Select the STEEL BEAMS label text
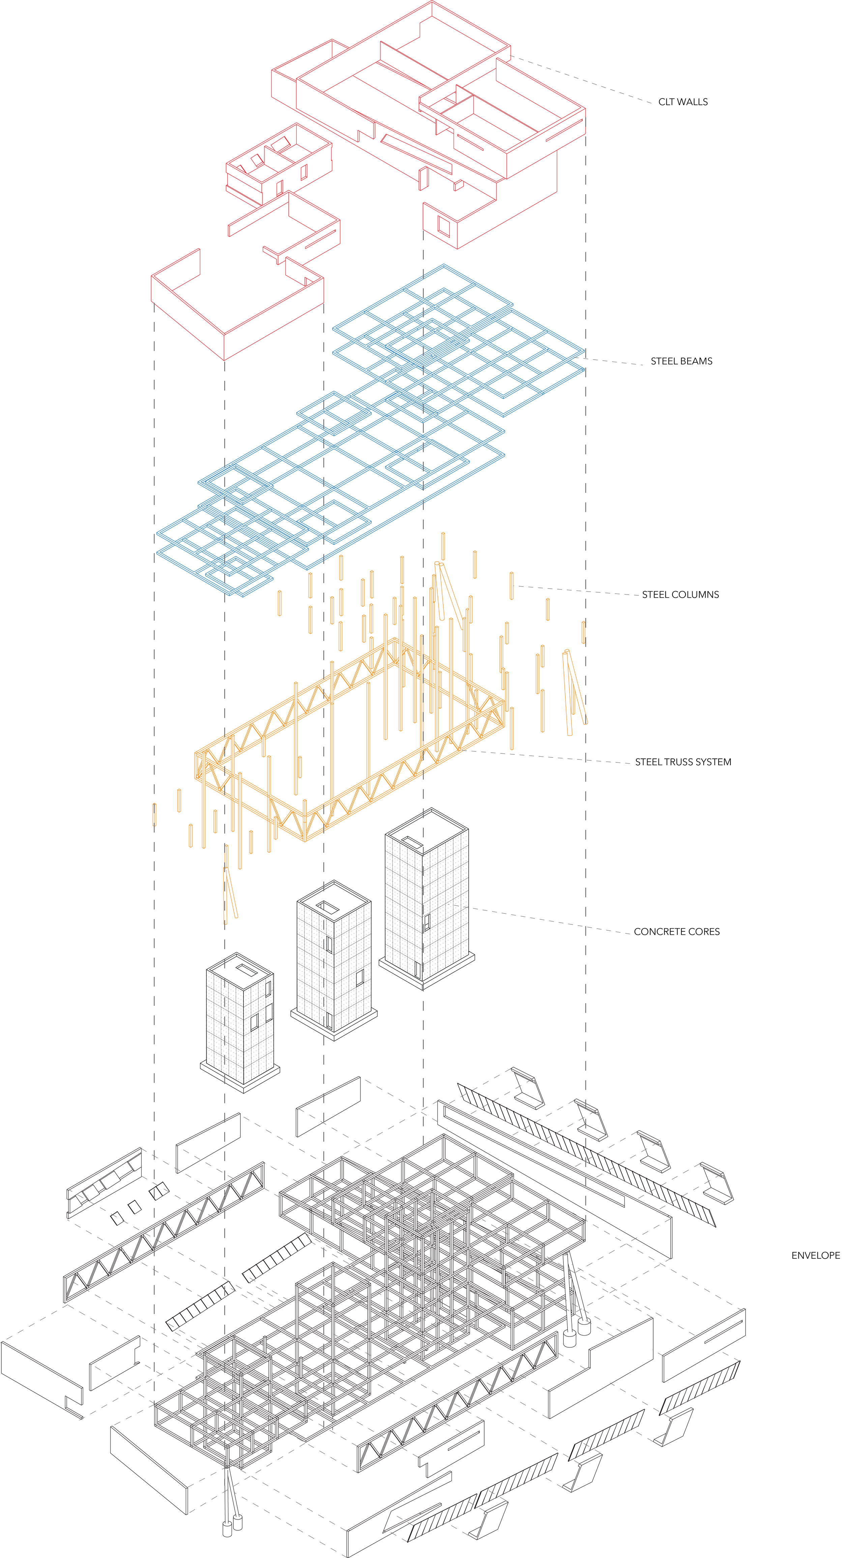point(681,361)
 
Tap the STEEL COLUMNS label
point(680,595)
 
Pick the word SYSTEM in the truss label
point(715,762)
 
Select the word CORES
point(704,931)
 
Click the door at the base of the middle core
point(329,1021)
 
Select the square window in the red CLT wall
point(444,227)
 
